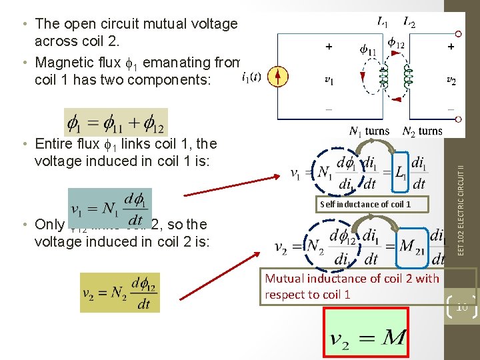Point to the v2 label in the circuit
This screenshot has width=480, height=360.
[451, 80]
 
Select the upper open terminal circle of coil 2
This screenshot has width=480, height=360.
[459, 34]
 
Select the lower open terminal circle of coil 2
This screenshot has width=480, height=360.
[459, 119]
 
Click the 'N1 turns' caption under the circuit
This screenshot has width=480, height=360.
[369, 131]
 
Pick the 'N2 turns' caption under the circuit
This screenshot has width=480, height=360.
[422, 131]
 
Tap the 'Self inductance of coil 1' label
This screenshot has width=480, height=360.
[365, 204]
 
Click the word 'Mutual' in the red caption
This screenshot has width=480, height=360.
[285, 279]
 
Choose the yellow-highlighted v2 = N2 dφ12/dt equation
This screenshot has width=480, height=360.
[120, 292]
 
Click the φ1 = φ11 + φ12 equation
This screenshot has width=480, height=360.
[116, 122]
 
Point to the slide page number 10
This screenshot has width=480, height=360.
[460, 306]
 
